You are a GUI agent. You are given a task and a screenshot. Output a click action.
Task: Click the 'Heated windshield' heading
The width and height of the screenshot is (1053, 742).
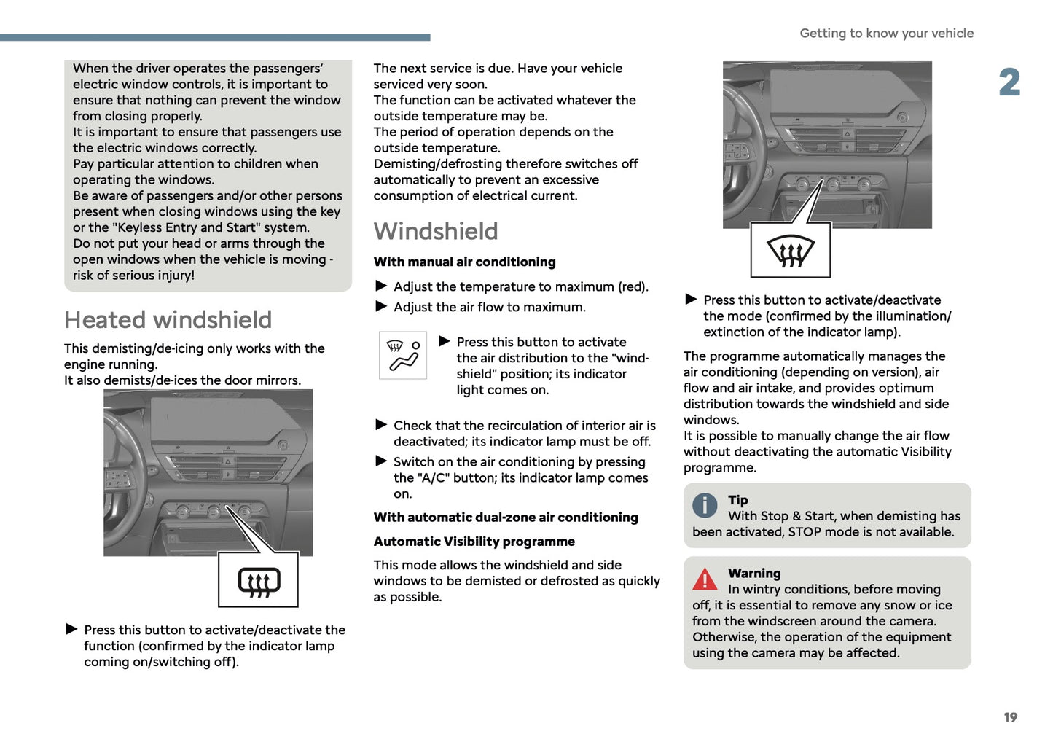tap(168, 320)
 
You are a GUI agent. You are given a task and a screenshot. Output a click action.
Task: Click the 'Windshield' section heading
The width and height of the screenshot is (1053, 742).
tap(436, 231)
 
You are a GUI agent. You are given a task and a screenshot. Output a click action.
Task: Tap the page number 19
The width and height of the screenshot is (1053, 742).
tap(1010, 717)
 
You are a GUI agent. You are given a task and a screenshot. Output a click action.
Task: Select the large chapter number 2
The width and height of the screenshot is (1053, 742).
tap(1009, 82)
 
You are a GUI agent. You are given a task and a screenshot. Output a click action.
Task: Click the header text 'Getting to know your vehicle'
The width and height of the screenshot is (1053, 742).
tap(886, 34)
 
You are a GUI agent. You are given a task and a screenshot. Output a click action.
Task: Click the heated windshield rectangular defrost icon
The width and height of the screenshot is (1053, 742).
tap(259, 581)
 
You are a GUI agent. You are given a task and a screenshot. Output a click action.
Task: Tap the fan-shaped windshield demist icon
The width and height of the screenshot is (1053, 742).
tap(791, 251)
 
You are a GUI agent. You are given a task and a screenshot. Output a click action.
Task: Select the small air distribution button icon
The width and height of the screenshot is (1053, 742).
tap(403, 355)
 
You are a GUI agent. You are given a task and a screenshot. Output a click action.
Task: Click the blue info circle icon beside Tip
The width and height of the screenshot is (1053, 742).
tap(705, 504)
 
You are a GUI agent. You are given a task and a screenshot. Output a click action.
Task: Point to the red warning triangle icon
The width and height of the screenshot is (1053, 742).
tap(705, 579)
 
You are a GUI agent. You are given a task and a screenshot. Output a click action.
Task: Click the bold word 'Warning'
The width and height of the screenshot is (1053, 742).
tap(754, 574)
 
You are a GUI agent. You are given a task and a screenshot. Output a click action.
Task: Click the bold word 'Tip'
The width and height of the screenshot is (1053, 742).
tap(737, 500)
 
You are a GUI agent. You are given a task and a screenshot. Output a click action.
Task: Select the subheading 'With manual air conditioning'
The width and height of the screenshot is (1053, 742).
tap(464, 262)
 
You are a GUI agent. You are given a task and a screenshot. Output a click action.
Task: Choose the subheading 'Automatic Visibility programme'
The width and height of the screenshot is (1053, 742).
tap(474, 542)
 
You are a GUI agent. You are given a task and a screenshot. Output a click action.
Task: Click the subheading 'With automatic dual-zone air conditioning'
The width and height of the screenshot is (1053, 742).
tap(506, 518)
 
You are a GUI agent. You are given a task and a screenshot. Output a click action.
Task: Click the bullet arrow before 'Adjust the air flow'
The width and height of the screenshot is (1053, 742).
tap(381, 306)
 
